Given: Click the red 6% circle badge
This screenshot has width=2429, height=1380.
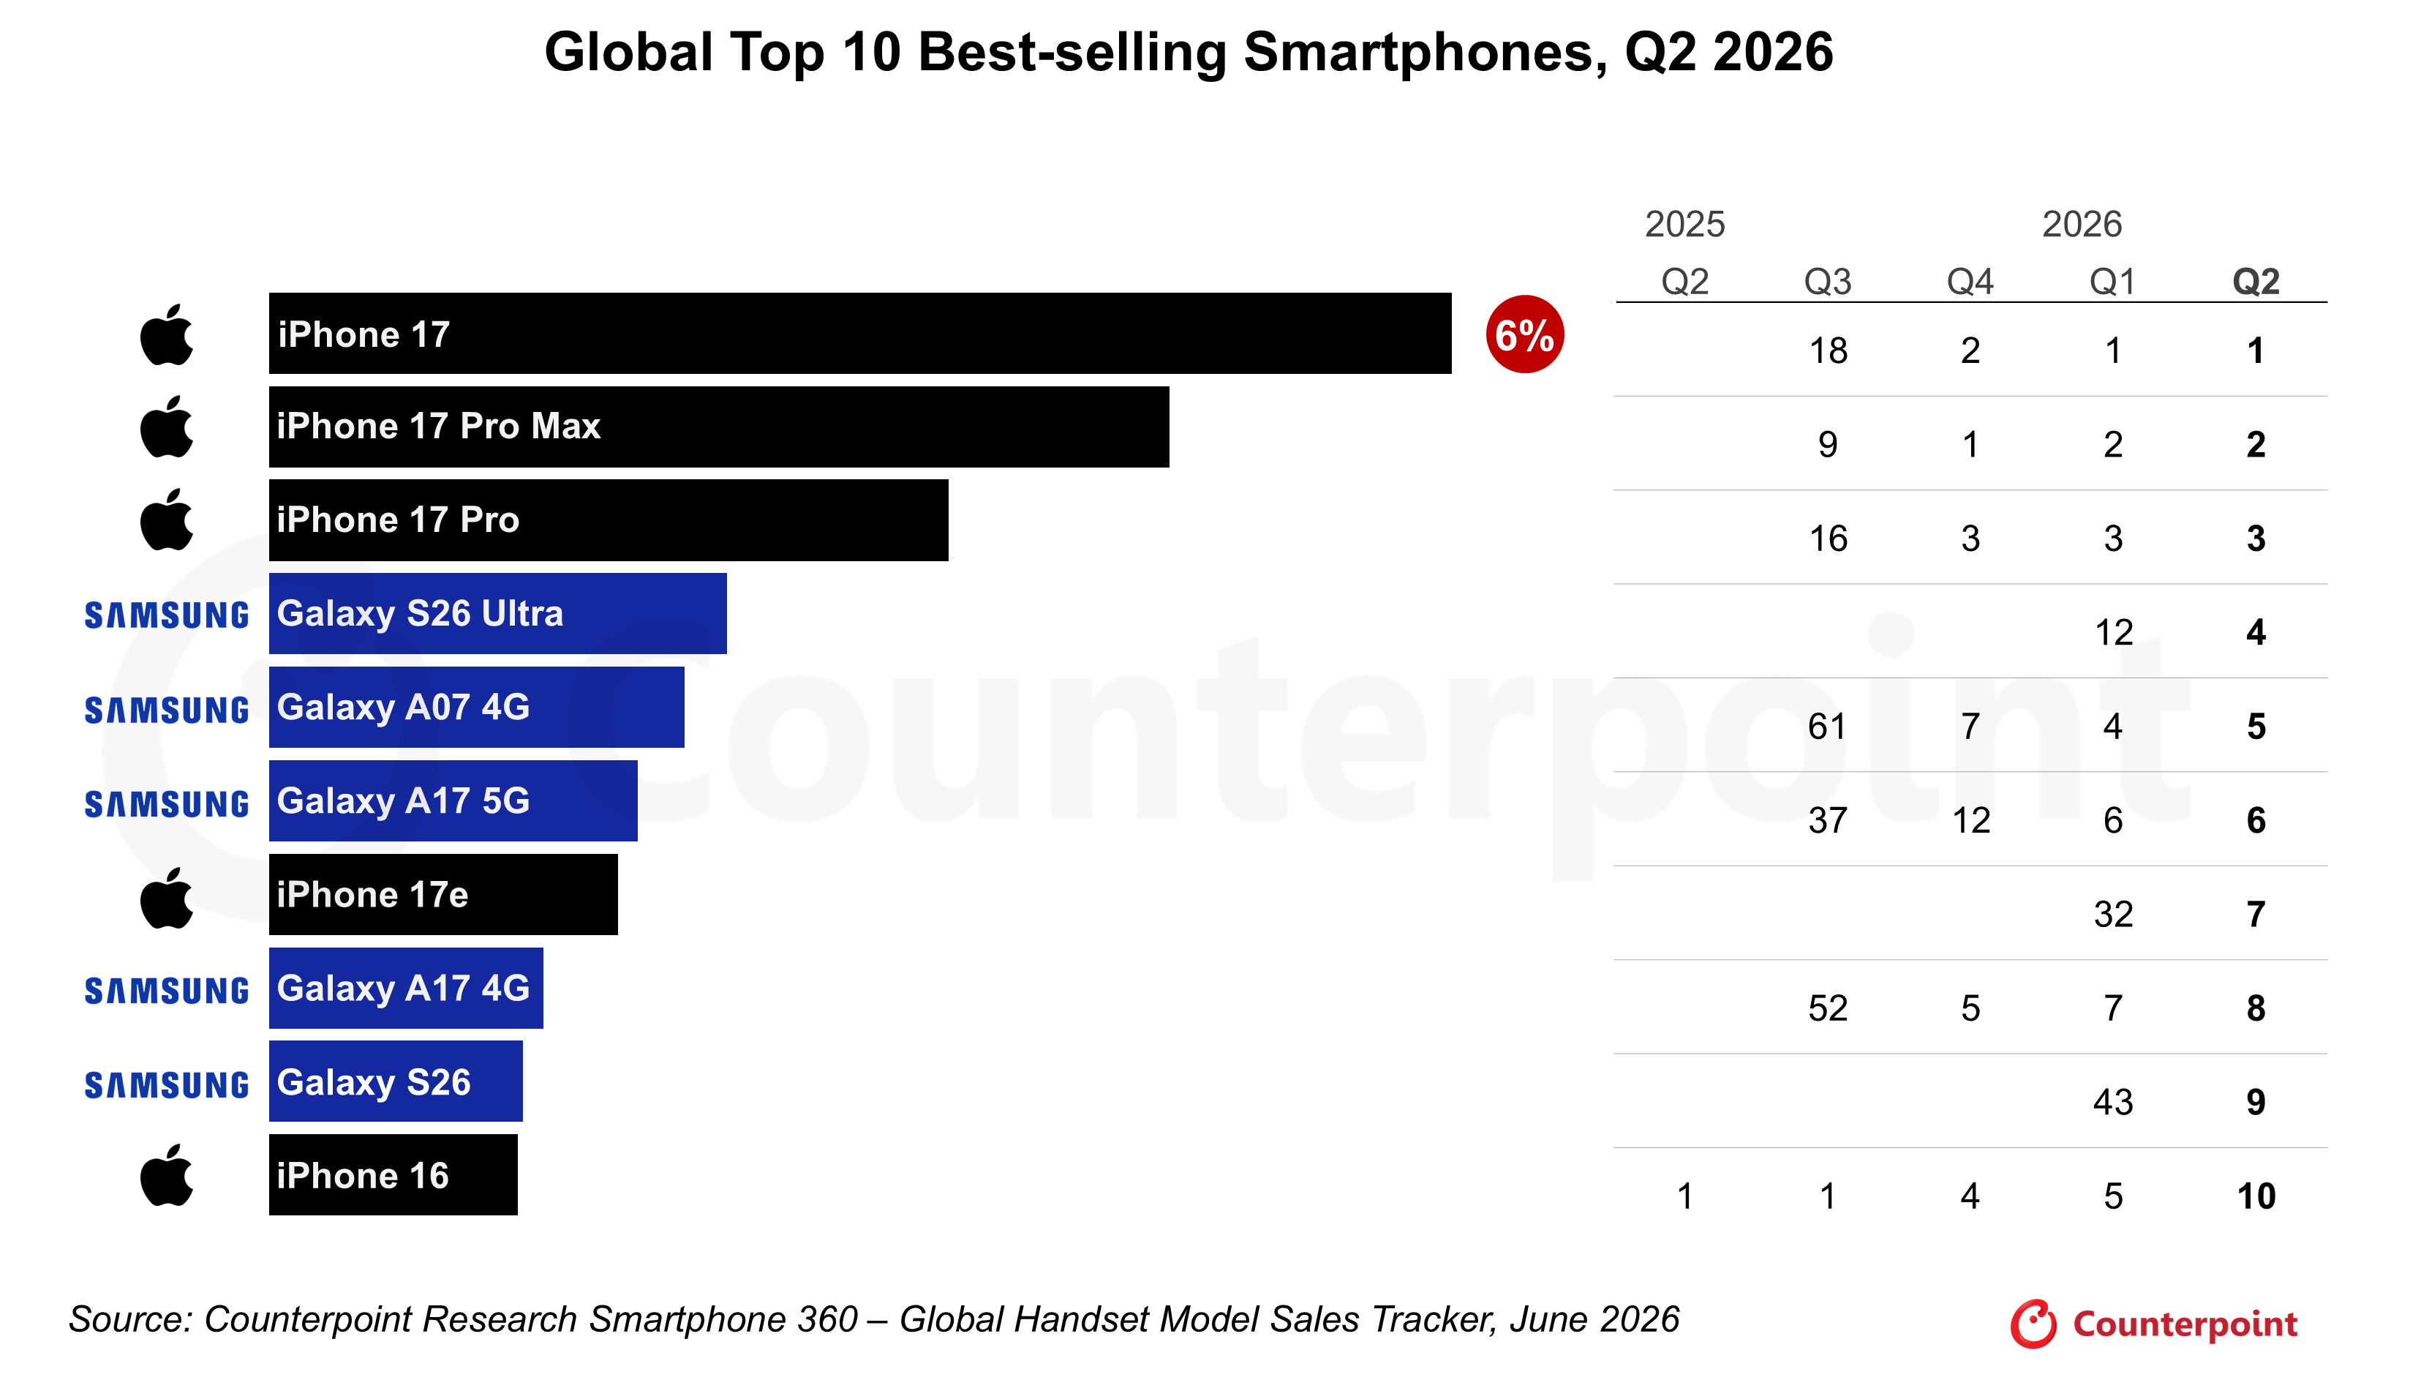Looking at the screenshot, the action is tap(1524, 334).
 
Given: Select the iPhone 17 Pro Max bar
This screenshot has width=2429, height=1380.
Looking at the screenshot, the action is tap(719, 427).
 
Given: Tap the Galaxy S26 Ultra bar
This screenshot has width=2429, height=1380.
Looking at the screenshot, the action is tap(497, 613).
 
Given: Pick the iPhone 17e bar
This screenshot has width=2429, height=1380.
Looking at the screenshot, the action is tap(443, 895).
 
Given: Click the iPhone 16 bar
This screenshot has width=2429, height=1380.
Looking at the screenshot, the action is tap(393, 1175).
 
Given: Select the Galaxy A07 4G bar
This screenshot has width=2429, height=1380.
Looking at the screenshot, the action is tap(477, 707).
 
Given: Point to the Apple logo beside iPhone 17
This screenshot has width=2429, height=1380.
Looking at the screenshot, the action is tap(167, 334).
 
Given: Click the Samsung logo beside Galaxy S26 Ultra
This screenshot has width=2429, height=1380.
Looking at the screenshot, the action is tap(167, 615).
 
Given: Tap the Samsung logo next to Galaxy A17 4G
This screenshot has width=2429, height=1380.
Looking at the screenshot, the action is tap(167, 991).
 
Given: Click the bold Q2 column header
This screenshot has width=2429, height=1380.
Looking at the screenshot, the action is tap(2256, 282).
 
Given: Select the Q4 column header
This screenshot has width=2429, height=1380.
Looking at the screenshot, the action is tap(1970, 282).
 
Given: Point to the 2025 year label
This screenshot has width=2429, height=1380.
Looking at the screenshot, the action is tap(1684, 225).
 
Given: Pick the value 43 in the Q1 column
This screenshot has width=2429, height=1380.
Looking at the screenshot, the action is tap(2112, 1102).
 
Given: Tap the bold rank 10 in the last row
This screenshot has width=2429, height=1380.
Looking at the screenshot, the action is tap(2256, 1196).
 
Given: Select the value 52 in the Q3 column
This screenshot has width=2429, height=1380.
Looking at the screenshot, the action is tap(1828, 1008).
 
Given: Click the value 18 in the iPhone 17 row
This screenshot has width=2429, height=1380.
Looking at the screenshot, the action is tap(1829, 350).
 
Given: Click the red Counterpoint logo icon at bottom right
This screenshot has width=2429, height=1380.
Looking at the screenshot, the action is tap(2033, 1323).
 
